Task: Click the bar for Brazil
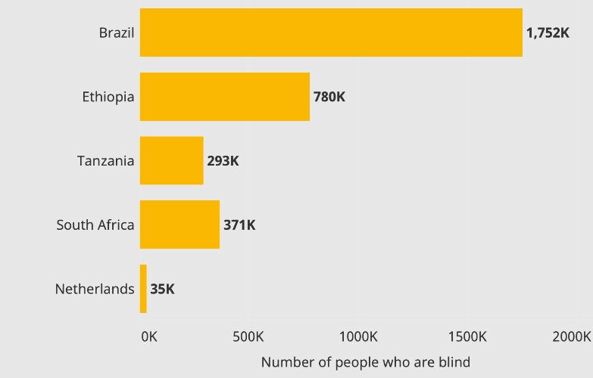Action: point(331,33)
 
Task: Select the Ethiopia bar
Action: point(225,97)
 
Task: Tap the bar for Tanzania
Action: point(172,160)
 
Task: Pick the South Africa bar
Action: point(179,225)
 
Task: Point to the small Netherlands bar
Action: point(143,289)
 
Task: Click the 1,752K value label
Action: point(547,33)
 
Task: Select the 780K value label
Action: point(329,98)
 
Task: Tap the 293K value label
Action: point(223,161)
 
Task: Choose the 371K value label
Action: point(239,225)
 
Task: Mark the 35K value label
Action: point(162,289)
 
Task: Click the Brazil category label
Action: point(117,33)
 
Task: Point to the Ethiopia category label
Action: point(108,98)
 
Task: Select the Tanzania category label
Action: point(106,161)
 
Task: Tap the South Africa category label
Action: point(95,225)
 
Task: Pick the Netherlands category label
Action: point(95,289)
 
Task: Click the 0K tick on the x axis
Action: point(149,336)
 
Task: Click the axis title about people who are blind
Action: point(365,362)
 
